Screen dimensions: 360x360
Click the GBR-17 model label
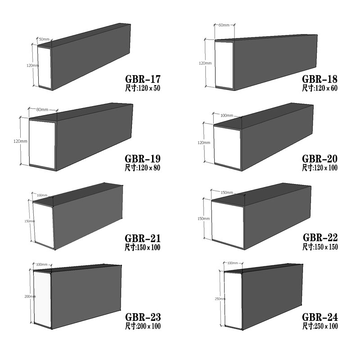(143, 79)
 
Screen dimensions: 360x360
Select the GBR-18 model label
(319, 79)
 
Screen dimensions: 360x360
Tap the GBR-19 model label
(143, 159)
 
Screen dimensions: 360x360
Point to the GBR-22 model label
(320, 238)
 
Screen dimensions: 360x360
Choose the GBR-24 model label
(320, 317)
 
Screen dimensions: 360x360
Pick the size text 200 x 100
(149, 326)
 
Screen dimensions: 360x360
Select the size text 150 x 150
(327, 247)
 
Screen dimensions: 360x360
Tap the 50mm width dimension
(44, 39)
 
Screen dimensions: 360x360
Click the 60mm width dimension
(224, 25)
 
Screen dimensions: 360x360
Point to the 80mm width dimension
(42, 110)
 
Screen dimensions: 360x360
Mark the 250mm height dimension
(220, 299)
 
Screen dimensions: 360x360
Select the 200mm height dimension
(30, 297)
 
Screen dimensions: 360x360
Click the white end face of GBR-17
(44, 67)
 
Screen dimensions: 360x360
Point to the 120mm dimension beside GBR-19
(20, 141)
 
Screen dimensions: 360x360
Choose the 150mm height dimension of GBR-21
(30, 221)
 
